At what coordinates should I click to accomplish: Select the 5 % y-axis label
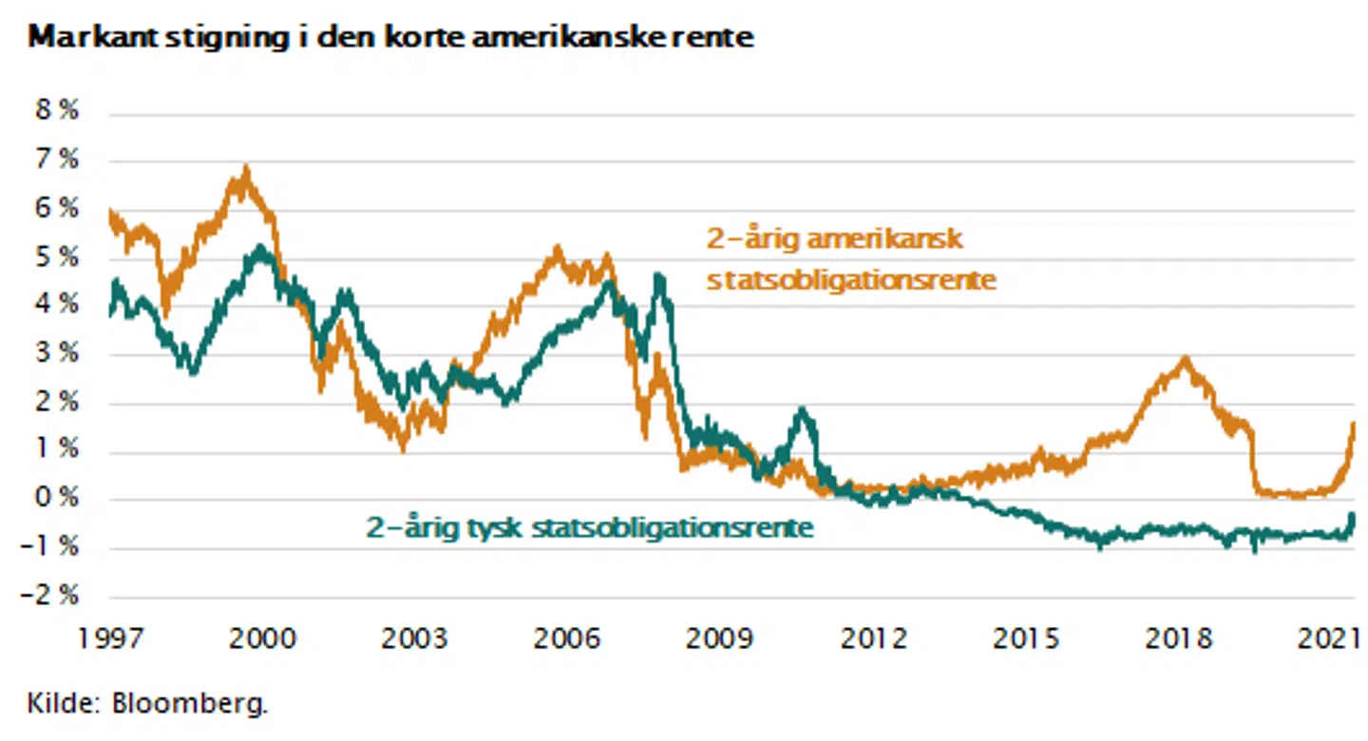(x=56, y=256)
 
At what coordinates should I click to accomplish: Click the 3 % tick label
(x=56, y=353)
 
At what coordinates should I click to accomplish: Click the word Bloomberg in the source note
(x=190, y=705)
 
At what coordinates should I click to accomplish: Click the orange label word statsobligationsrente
(x=851, y=281)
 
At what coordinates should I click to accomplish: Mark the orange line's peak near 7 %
(x=246, y=171)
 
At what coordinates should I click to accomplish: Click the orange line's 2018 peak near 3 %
(x=1184, y=359)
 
